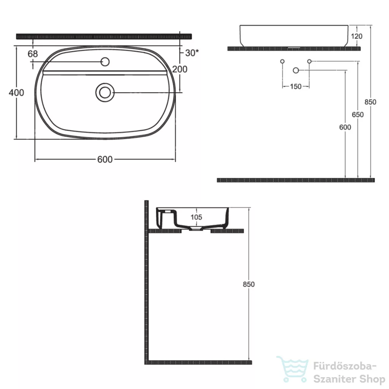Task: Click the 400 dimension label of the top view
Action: click(x=16, y=93)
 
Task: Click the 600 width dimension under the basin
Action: click(x=105, y=159)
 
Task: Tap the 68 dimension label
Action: click(x=33, y=54)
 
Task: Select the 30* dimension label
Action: click(x=192, y=52)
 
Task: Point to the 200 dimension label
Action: click(x=180, y=69)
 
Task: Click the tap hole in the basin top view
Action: click(x=105, y=62)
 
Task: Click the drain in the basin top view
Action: click(x=105, y=93)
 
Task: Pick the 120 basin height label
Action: click(x=356, y=36)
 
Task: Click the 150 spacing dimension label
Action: click(x=296, y=87)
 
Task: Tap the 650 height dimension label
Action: click(x=358, y=115)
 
